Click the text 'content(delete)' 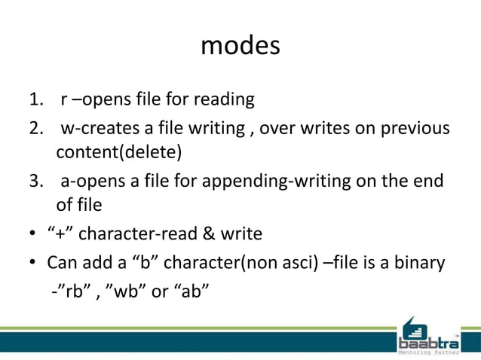coord(119,153)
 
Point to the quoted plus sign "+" coord(61,233)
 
